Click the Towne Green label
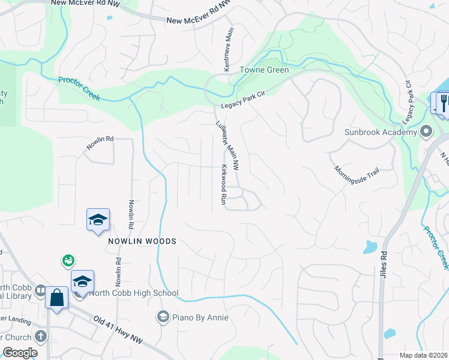(x=265, y=70)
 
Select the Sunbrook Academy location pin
(x=426, y=131)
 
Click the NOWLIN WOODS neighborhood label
(x=142, y=241)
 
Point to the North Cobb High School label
(x=133, y=293)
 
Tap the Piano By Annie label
(x=200, y=317)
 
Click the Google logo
(x=19, y=353)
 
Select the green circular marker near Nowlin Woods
(x=68, y=260)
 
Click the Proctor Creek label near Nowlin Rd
(x=80, y=88)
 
